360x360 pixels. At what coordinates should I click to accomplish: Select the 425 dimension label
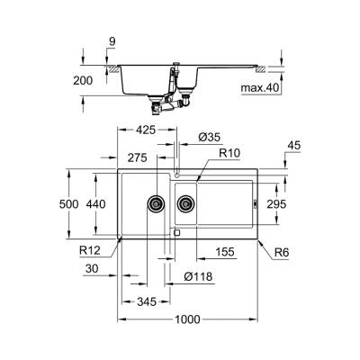(x=145, y=130)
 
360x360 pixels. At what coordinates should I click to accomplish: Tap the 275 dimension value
(x=138, y=157)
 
